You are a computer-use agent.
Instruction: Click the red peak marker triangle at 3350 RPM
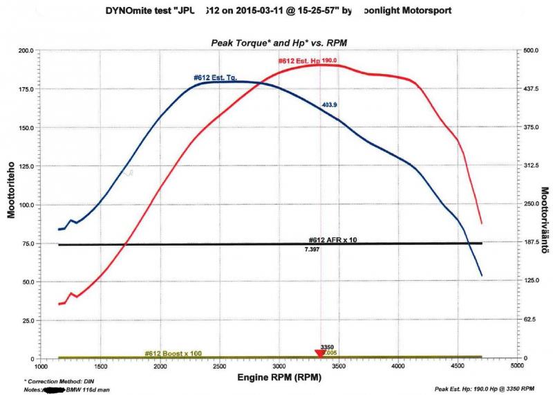click(319, 354)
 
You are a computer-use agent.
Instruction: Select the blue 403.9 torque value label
click(329, 105)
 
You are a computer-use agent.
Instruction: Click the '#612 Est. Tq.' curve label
click(215, 78)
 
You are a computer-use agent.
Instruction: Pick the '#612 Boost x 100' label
click(173, 353)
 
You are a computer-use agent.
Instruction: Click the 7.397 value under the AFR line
click(313, 248)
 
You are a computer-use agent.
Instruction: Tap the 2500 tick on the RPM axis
click(220, 367)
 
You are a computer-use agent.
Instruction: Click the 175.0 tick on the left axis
click(26, 89)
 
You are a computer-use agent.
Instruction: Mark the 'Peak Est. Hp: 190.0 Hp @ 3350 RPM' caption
click(485, 390)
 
